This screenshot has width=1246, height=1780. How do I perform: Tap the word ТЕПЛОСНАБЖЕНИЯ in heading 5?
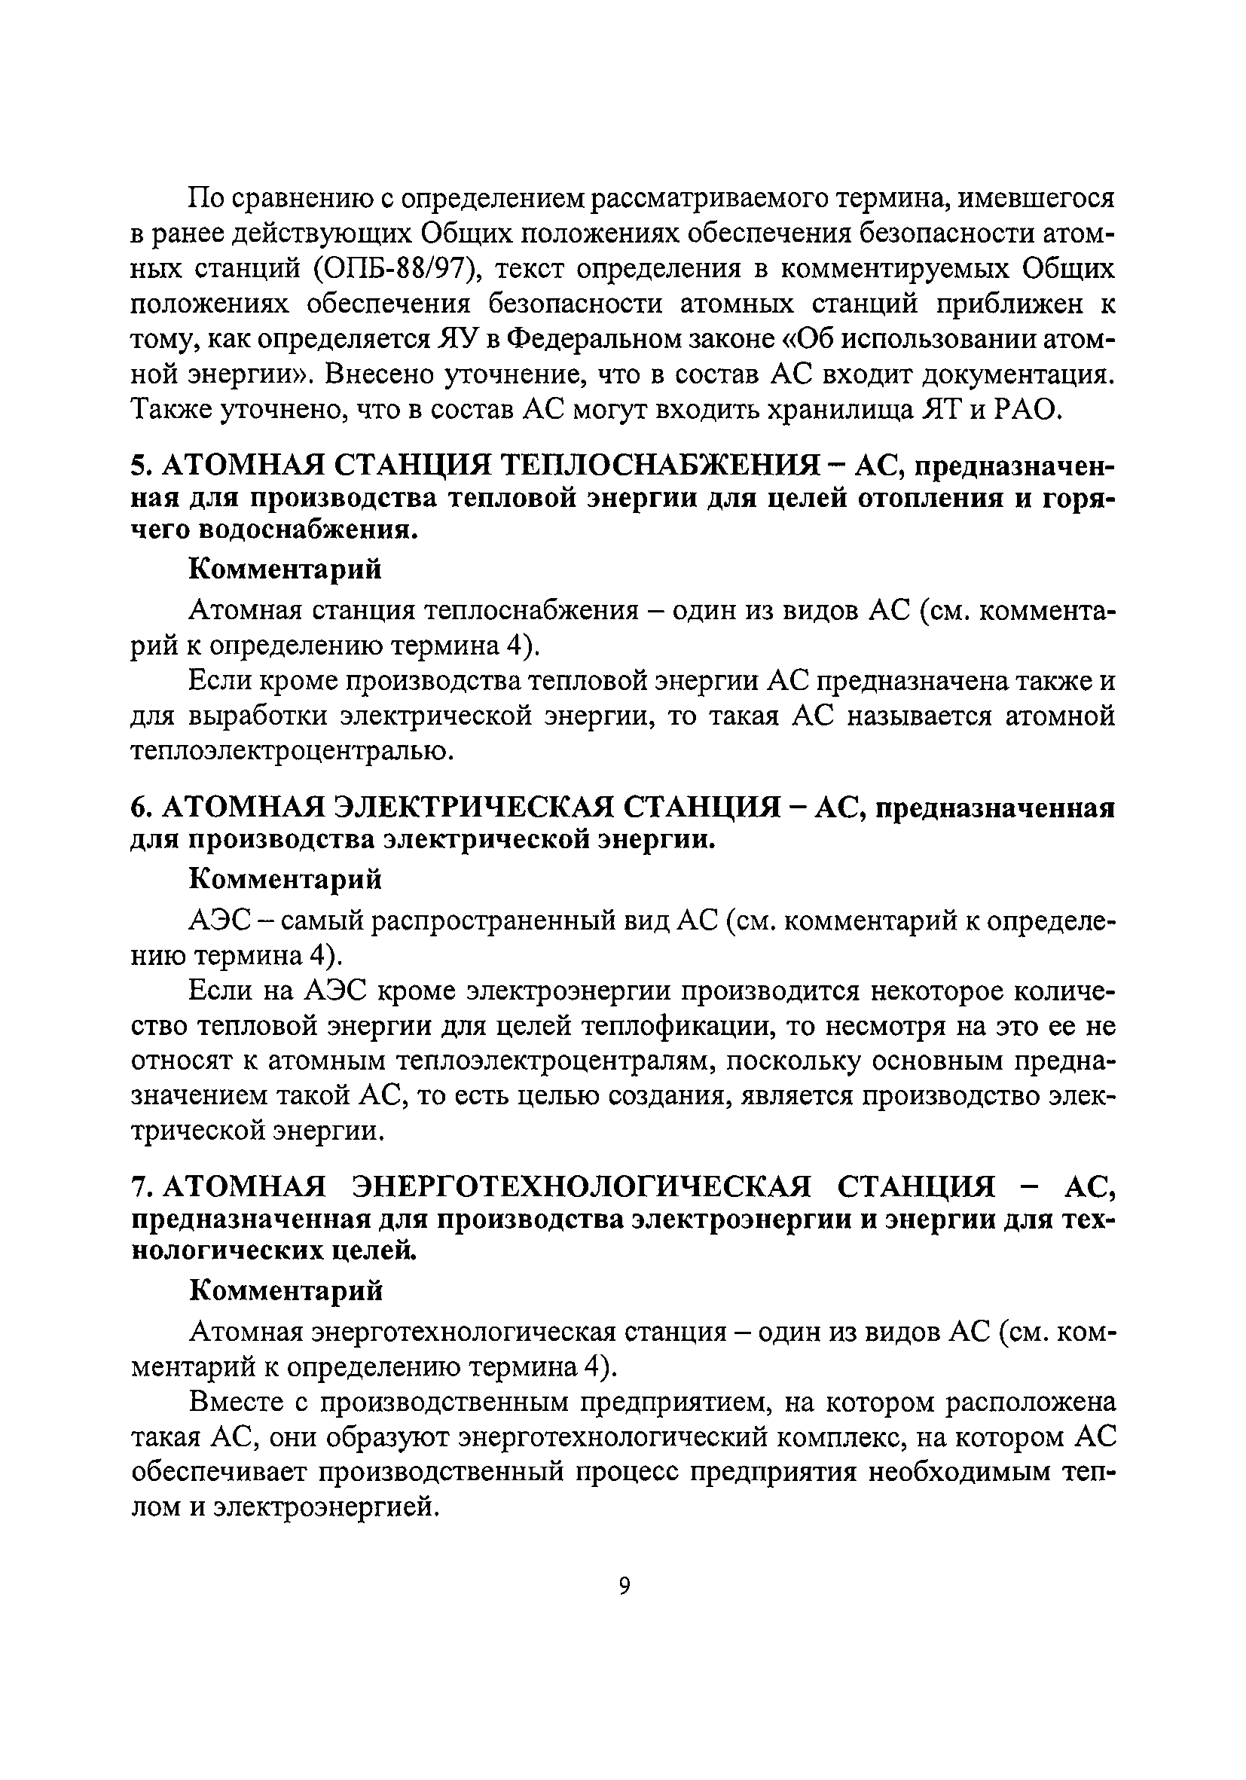(x=660, y=466)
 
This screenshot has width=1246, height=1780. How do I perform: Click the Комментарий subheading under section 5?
(x=286, y=569)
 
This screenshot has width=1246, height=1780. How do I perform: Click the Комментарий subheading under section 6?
(x=286, y=879)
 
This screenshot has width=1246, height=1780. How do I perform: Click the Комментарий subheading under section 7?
(x=286, y=1290)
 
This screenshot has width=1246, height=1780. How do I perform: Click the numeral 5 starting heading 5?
(x=136, y=466)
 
